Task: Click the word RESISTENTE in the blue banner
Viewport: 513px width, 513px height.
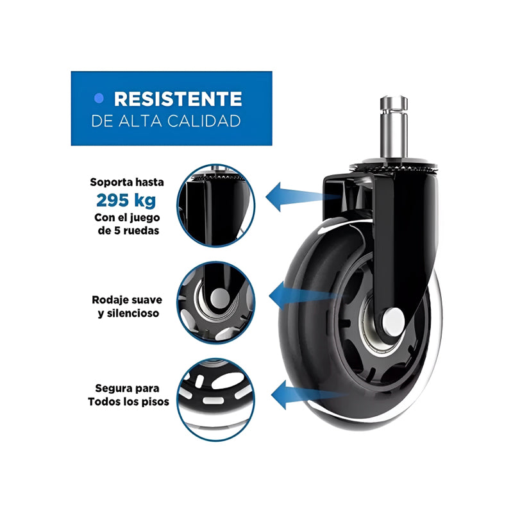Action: (178, 99)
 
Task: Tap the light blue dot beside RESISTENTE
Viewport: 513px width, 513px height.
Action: (99, 98)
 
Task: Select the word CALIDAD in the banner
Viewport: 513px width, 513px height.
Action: (204, 121)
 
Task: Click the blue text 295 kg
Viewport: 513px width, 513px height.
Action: (126, 200)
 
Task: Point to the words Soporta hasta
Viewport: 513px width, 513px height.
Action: (127, 182)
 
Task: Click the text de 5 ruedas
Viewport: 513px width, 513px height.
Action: (128, 230)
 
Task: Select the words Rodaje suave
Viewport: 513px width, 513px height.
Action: (127, 299)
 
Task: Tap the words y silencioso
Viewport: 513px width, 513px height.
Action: (128, 313)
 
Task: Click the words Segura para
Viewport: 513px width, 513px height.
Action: (127, 389)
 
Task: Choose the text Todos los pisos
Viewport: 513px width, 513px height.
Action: (128, 401)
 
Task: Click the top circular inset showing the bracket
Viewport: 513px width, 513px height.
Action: (216, 205)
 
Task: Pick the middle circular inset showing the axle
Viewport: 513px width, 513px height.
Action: (216, 303)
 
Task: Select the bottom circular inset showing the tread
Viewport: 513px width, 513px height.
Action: (216, 399)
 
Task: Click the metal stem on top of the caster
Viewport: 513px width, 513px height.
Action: (394, 127)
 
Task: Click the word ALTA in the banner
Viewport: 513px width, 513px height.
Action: (140, 121)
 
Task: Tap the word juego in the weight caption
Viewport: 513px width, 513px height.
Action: (146, 218)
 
